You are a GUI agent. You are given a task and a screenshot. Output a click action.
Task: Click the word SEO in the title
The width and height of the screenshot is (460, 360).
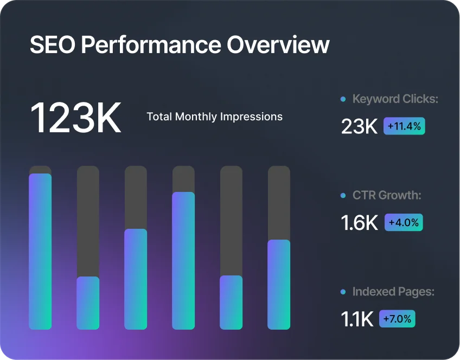pos(52,45)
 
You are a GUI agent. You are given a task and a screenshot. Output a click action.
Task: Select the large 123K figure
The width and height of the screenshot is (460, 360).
pos(75,117)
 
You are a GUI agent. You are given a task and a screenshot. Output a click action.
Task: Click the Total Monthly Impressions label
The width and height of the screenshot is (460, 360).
pos(214,117)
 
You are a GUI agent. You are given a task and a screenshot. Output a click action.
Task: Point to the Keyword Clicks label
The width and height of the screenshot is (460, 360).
pos(395,99)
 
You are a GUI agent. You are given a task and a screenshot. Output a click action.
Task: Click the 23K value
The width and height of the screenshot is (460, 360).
pos(359,126)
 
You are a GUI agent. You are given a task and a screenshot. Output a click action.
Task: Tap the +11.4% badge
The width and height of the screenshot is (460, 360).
pos(405,126)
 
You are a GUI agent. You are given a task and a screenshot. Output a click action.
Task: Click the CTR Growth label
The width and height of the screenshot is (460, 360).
pos(386,195)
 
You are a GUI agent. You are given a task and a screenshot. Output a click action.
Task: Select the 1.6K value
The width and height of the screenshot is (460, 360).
pos(360,223)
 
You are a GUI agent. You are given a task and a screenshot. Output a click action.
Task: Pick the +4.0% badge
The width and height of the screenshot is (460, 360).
pos(404,222)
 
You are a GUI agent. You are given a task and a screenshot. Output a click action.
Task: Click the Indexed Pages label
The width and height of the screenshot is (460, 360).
pos(393,292)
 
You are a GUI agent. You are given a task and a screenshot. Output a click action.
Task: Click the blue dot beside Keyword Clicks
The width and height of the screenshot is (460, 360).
pos(343,99)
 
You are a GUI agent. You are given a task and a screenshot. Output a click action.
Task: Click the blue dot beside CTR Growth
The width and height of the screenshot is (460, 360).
pos(343,195)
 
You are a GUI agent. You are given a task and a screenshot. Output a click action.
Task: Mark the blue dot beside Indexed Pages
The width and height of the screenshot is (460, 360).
pos(343,292)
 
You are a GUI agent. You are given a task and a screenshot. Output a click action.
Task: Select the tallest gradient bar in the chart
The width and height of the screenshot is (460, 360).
pos(40,252)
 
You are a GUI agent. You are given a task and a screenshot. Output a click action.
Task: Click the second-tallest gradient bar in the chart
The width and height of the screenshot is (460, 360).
pos(183,261)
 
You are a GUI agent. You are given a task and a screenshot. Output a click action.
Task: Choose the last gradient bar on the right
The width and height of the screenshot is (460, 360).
pos(279,285)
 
